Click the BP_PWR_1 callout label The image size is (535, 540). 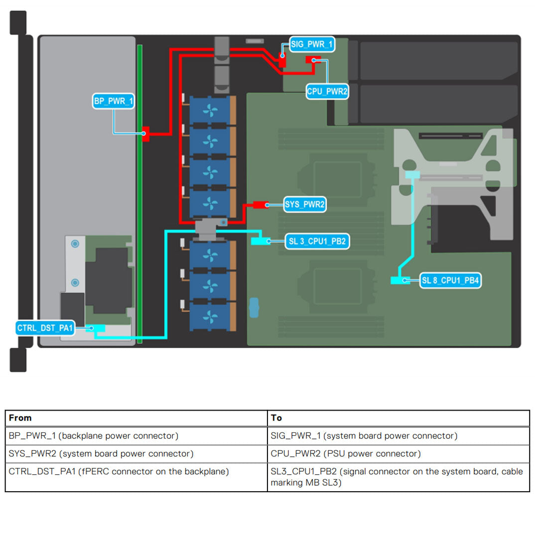tap(114, 101)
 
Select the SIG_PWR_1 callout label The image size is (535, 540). tap(312, 44)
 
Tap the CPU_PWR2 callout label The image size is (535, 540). tap(327, 91)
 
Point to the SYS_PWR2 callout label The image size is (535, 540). tap(305, 204)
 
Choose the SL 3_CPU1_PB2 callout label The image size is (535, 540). tap(317, 242)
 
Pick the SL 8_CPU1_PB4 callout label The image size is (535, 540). tap(450, 280)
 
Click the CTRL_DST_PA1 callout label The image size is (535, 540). tap(45, 328)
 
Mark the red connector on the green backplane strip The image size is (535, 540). tap(145, 134)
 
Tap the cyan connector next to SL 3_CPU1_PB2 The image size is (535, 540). tap(260, 241)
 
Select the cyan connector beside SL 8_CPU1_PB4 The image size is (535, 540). tap(400, 280)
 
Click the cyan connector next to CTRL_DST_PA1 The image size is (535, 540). tap(96, 328)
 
